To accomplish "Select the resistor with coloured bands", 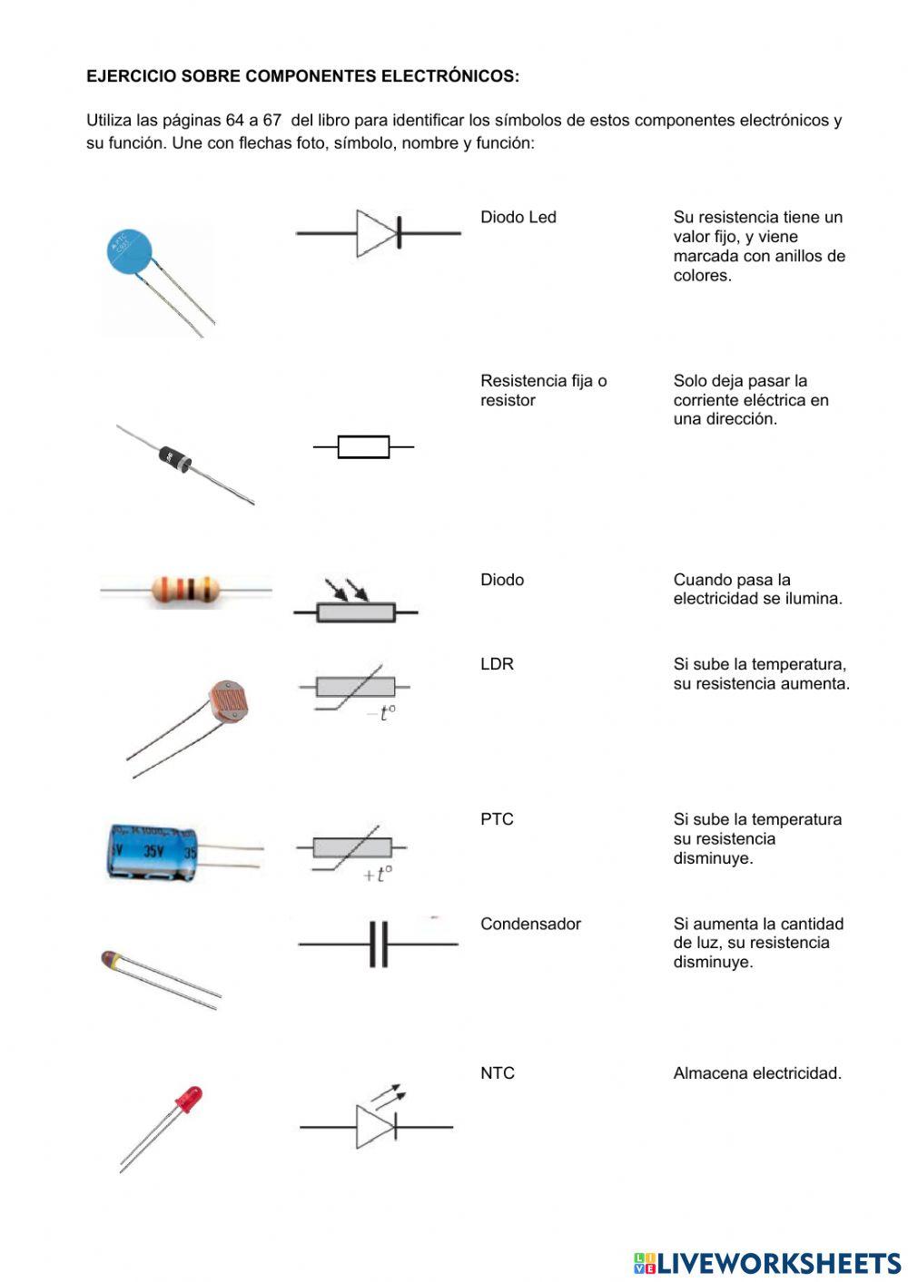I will (185, 590).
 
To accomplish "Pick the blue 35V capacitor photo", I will (153, 851).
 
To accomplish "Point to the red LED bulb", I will (189, 1099).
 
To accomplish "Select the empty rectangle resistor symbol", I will (363, 446).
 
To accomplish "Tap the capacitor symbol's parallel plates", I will (379, 944).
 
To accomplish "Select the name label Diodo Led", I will (518, 218).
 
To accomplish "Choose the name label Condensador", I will (530, 924).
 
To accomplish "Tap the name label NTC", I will (497, 1073).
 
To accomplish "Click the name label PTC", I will (497, 819).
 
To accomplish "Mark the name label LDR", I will (497, 664).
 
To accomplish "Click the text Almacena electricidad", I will (757, 1073).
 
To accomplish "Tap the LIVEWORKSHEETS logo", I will (767, 1262).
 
